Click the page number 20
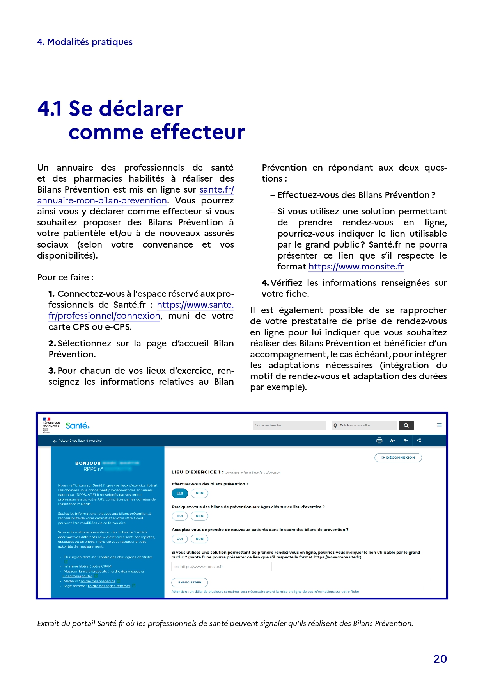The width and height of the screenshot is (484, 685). pos(440,659)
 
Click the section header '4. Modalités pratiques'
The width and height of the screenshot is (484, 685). pos(85,42)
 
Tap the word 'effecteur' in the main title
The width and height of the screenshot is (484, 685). pos(197,132)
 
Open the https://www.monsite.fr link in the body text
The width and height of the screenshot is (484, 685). pos(356,267)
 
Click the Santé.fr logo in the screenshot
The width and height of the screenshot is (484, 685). pos(77,426)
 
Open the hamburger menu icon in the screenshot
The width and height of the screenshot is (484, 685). pos(439,425)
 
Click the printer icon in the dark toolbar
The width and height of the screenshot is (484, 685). pos(379,441)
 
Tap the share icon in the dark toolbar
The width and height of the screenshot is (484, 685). pos(419,441)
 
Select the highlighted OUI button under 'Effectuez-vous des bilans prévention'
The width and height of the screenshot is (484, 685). pos(180,493)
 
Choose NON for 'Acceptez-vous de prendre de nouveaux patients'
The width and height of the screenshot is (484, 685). pos(200,539)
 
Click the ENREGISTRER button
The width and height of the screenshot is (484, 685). pos(190,583)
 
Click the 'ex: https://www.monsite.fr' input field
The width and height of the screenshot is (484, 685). pos(222,567)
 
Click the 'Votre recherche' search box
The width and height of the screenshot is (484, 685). pos(289,425)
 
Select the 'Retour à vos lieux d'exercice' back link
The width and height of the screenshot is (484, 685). pos(77,441)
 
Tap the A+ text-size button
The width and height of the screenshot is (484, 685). pos(392,441)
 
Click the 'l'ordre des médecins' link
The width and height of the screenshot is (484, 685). pos(98,581)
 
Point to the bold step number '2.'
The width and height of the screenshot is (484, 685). pos(53,344)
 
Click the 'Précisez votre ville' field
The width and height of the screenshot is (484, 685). pos(364,425)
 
